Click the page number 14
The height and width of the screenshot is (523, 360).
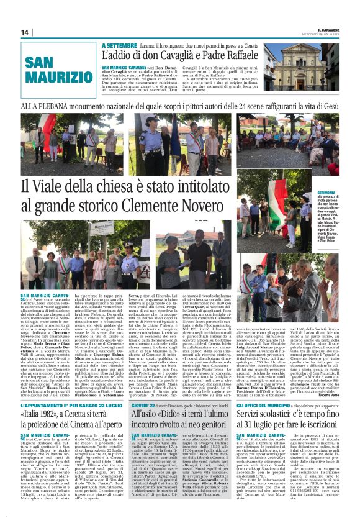(25, 32)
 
